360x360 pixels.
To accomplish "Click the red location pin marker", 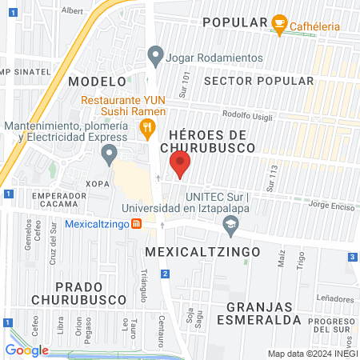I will coord(180,165).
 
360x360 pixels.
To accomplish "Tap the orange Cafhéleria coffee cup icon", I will coord(279,22).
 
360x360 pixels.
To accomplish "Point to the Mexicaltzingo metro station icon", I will coord(137,223).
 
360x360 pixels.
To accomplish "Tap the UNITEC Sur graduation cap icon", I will coord(231,230).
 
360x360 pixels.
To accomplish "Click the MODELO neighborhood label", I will coord(98,82).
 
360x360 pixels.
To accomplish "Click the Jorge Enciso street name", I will coord(329,206).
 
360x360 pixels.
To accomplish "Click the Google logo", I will coord(27,350).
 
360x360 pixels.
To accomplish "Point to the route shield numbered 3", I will coord(352,257).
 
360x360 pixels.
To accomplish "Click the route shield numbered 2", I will coord(164,274).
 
